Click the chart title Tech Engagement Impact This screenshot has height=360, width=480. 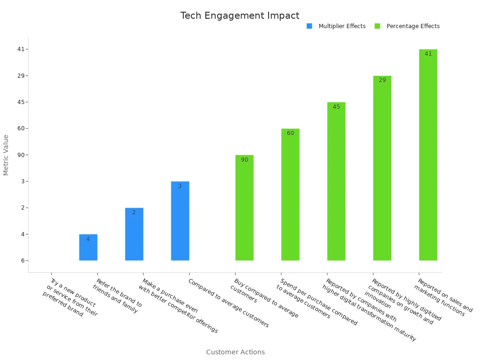coord(240,15)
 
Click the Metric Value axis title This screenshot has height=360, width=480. coord(6,155)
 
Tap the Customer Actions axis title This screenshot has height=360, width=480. coord(235,352)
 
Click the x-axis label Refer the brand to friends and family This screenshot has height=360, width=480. coord(117,296)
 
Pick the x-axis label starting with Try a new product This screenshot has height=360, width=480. coord(69,298)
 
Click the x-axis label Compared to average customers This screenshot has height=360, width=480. coord(229,303)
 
